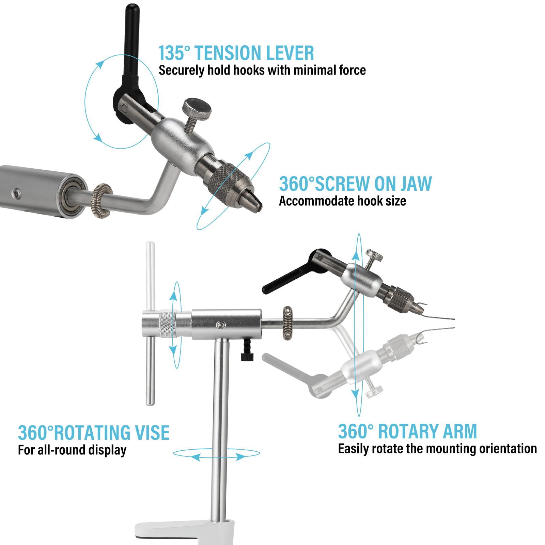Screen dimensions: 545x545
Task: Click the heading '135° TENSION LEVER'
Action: coord(236,53)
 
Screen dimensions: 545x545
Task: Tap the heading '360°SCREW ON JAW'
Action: coord(355,184)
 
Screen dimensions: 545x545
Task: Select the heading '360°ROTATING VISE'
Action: coord(94,433)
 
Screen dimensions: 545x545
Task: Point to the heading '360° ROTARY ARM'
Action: coord(407,431)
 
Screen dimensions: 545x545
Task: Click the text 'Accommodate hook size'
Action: coord(342,201)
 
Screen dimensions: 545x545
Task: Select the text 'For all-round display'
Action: coord(72,450)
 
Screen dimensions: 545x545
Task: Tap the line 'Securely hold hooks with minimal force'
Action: coord(262,70)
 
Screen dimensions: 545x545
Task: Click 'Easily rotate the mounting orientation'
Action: coord(437,449)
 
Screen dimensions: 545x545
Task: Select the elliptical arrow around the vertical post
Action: coord(216,454)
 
